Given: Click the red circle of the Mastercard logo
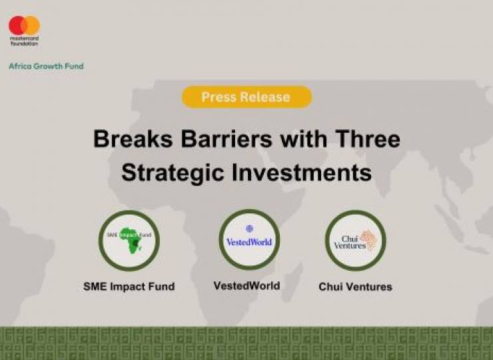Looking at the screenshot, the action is point(17,25).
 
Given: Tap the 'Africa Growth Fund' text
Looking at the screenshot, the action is point(46,66).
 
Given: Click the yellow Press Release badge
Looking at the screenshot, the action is point(246,97).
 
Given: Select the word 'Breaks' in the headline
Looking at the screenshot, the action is point(133,139).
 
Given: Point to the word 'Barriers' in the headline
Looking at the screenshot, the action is point(227,139).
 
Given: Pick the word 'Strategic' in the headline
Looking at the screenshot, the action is point(173,172).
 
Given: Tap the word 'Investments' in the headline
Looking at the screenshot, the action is point(302,172).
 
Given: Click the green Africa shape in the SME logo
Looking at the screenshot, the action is point(131,240).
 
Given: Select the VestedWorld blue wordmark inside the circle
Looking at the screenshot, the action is point(249,242).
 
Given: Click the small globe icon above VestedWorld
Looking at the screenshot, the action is point(249,229).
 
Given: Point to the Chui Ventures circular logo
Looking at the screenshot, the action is point(355,241).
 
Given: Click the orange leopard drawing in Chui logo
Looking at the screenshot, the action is point(369,240).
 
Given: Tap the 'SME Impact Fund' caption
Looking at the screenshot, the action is point(129,287).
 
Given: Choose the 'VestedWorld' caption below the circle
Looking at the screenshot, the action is point(246,286).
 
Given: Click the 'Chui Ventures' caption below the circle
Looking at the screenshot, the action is point(355,287).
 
